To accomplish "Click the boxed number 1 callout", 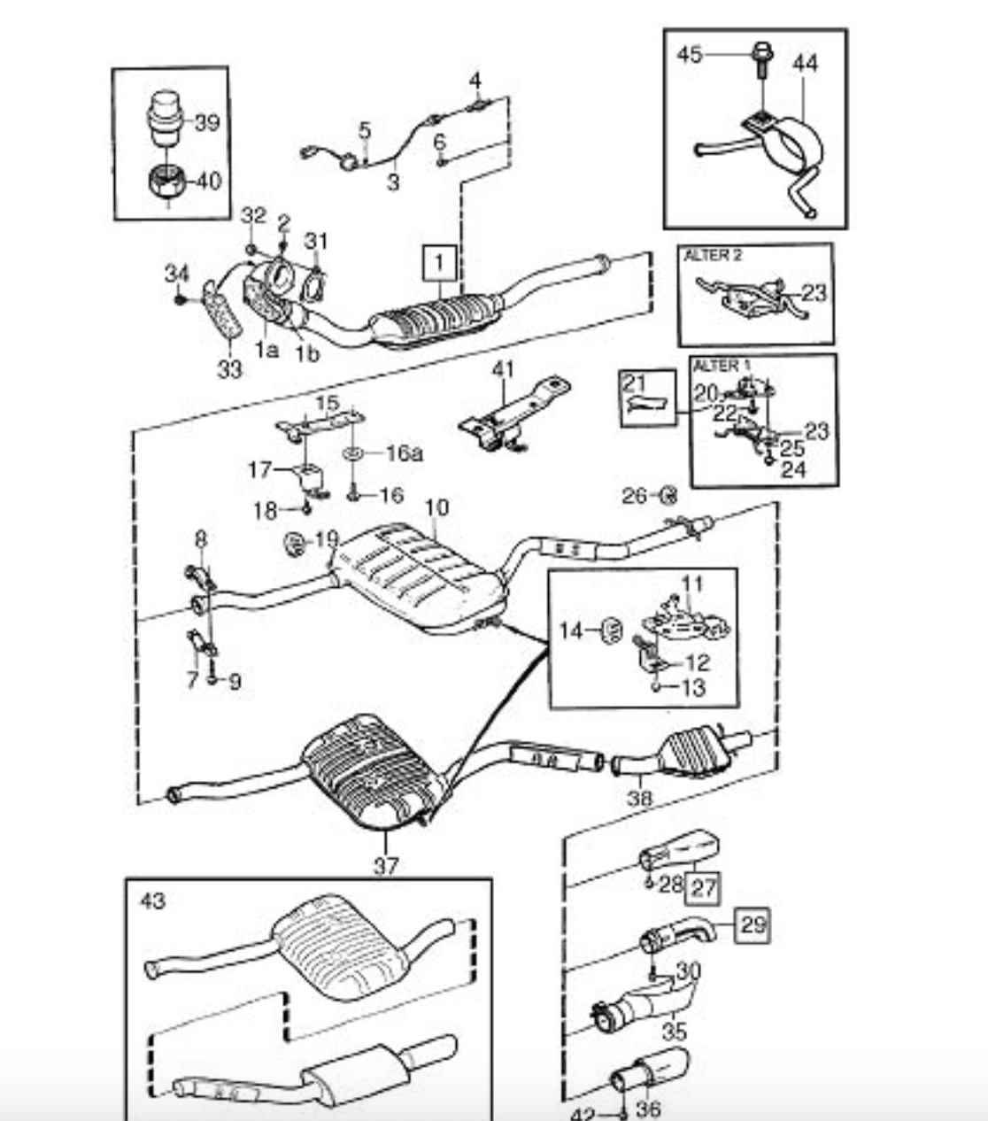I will (x=440, y=263).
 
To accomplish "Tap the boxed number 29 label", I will (x=752, y=925).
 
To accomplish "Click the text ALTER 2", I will (x=713, y=256).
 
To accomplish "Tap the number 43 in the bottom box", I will (x=152, y=901).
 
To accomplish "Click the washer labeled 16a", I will (x=351, y=453).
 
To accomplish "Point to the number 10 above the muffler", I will (x=436, y=508).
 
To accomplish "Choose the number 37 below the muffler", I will (x=385, y=865).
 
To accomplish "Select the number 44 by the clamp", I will (x=806, y=63).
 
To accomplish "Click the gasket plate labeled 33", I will (x=224, y=311).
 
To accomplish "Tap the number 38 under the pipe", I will (x=638, y=798).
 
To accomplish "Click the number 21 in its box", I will (x=635, y=383).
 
